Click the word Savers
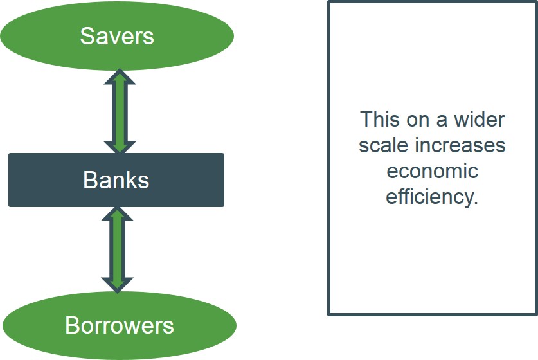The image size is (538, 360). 117,36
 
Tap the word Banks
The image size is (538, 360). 116,180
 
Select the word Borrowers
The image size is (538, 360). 120,325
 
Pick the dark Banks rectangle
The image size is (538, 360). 39,180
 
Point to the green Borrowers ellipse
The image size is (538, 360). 39,325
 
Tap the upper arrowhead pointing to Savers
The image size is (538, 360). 120,76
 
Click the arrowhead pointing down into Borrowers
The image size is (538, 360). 118,285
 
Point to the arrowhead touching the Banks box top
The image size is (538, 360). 120,146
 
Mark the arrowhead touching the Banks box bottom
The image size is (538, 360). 118,214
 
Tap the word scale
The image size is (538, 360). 384,145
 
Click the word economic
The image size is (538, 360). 432,171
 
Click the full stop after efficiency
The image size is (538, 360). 476,202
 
